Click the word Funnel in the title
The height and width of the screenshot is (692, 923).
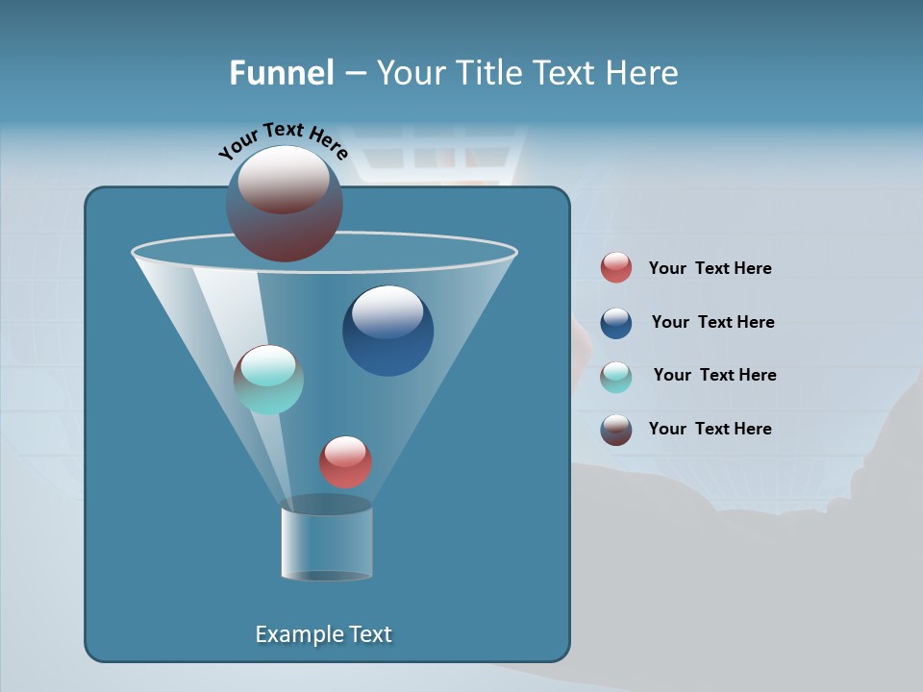[281, 73]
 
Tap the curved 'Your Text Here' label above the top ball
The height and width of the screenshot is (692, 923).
[283, 138]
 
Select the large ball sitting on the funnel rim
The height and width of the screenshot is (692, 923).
[285, 204]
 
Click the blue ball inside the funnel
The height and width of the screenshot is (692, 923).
[387, 332]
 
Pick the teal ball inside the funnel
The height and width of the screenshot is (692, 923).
[269, 380]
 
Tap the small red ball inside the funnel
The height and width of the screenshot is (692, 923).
[345, 462]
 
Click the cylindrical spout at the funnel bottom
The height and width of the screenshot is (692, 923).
[326, 543]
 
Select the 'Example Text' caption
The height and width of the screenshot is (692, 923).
[323, 634]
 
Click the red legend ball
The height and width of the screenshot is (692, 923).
[616, 268]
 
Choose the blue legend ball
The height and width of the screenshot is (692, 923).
[616, 323]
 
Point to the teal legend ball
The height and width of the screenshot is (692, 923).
[616, 377]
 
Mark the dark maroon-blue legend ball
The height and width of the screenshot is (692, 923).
[616, 430]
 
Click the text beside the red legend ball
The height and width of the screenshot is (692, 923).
[710, 269]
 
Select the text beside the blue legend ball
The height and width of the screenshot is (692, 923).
[712, 323]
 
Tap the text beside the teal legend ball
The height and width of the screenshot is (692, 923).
[714, 376]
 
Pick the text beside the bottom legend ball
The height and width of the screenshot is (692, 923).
[710, 430]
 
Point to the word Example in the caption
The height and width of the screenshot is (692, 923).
[297, 634]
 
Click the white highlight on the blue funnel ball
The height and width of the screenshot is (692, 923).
[387, 310]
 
